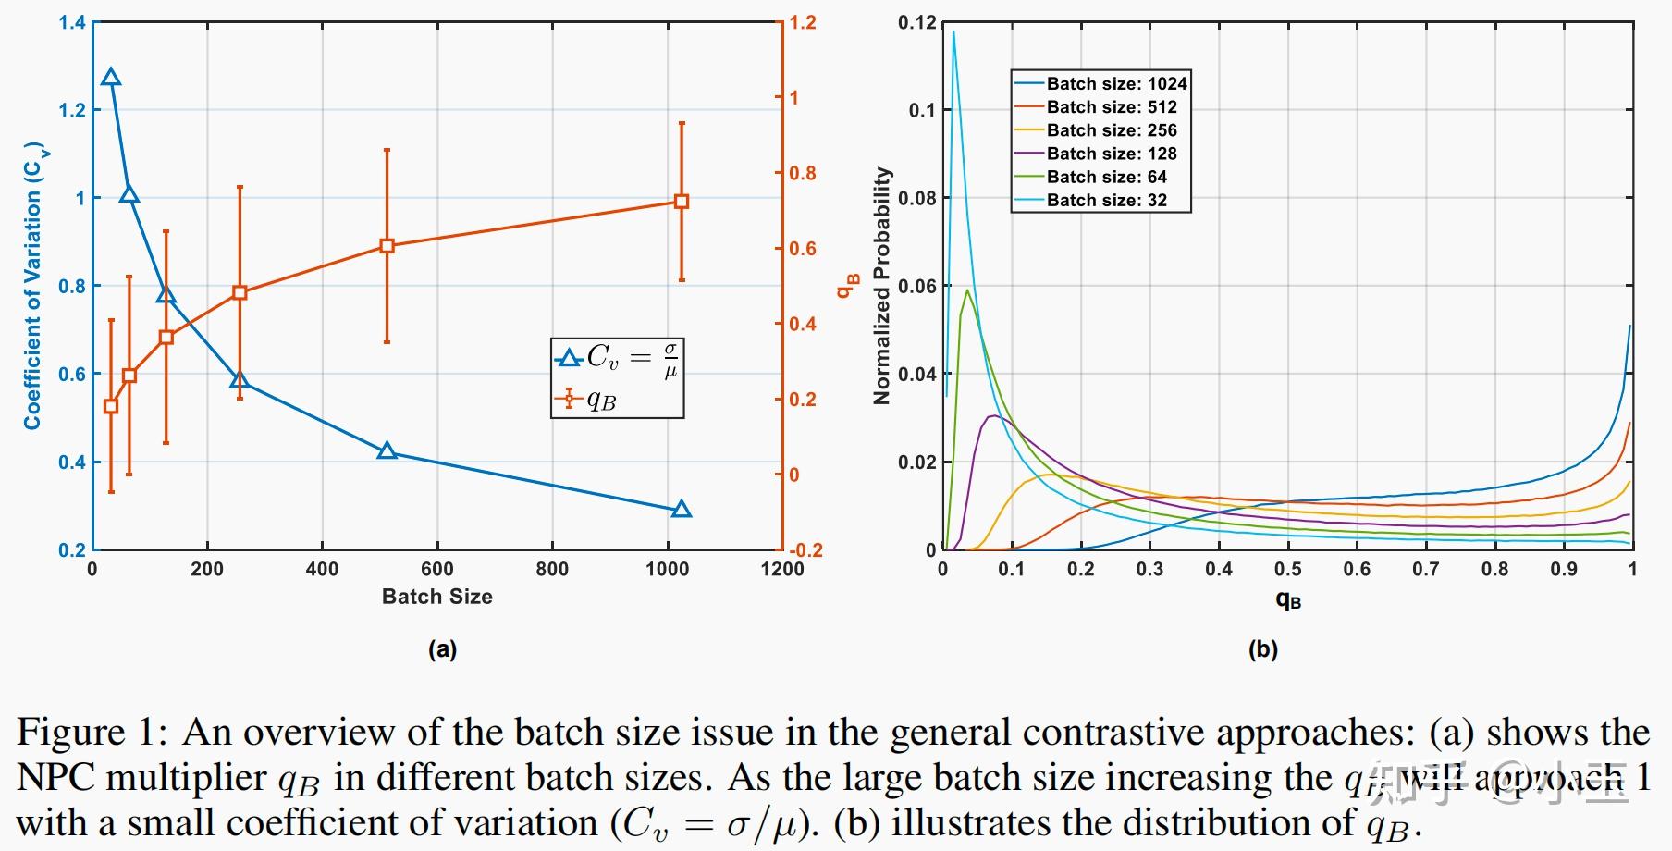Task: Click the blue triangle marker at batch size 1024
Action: (682, 509)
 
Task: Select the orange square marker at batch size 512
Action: (387, 246)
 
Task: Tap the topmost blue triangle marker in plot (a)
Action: (111, 78)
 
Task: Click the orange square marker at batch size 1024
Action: (682, 202)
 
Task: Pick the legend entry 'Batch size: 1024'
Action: (1100, 83)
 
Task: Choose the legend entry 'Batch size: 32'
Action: (1100, 200)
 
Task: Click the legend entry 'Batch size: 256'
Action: (1100, 130)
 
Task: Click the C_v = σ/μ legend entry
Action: (618, 358)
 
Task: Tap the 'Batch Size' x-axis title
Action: (436, 597)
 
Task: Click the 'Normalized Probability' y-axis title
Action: (881, 286)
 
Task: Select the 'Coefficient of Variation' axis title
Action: (32, 286)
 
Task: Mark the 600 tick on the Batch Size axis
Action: (436, 569)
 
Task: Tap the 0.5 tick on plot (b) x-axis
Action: (1287, 569)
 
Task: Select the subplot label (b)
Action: (1263, 649)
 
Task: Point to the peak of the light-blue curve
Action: (953, 32)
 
